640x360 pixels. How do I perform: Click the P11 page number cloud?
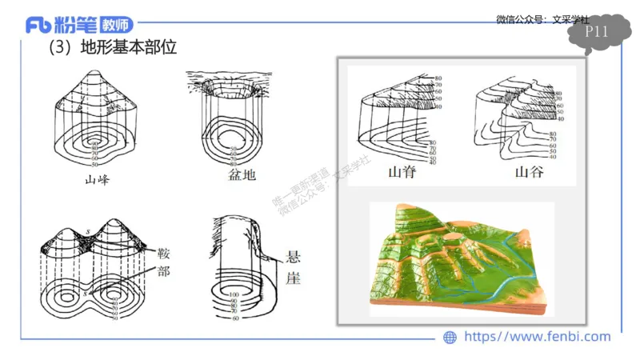(598, 33)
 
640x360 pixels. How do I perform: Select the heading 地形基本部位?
(128, 49)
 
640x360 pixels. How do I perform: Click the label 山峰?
(97, 180)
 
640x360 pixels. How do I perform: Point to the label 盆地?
(237, 174)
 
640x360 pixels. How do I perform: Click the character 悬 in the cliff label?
(292, 258)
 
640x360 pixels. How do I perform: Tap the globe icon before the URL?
(450, 338)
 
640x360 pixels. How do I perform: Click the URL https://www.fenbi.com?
(537, 337)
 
